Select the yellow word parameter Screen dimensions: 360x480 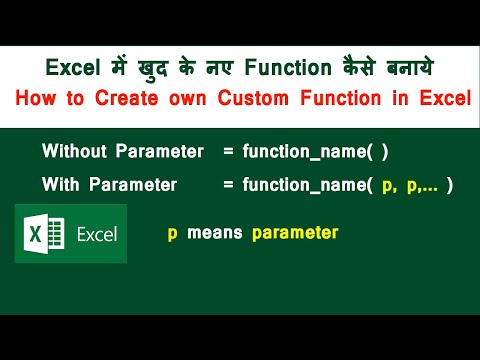[x=295, y=233]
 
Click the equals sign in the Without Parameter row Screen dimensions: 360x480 [x=228, y=151]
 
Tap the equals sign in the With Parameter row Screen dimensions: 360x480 [x=228, y=185]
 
